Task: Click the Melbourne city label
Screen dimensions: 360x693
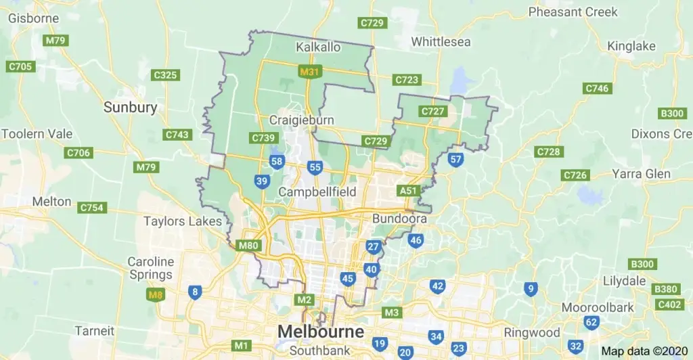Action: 320,332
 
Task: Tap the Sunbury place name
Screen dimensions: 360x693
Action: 130,107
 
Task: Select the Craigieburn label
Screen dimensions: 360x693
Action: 301,120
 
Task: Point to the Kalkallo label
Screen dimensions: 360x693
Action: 318,47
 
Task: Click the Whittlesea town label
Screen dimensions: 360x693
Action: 441,42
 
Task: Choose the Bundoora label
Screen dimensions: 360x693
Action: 399,219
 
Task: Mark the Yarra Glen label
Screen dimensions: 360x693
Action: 641,174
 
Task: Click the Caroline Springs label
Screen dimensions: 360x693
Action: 151,268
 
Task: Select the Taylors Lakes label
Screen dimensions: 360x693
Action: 183,221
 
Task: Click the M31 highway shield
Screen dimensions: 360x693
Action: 309,70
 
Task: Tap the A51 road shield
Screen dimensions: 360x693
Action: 408,191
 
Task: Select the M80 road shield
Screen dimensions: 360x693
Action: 248,245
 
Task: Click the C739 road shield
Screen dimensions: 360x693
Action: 263,138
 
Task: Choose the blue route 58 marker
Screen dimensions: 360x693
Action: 276,161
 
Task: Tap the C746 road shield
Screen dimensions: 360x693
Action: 597,89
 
